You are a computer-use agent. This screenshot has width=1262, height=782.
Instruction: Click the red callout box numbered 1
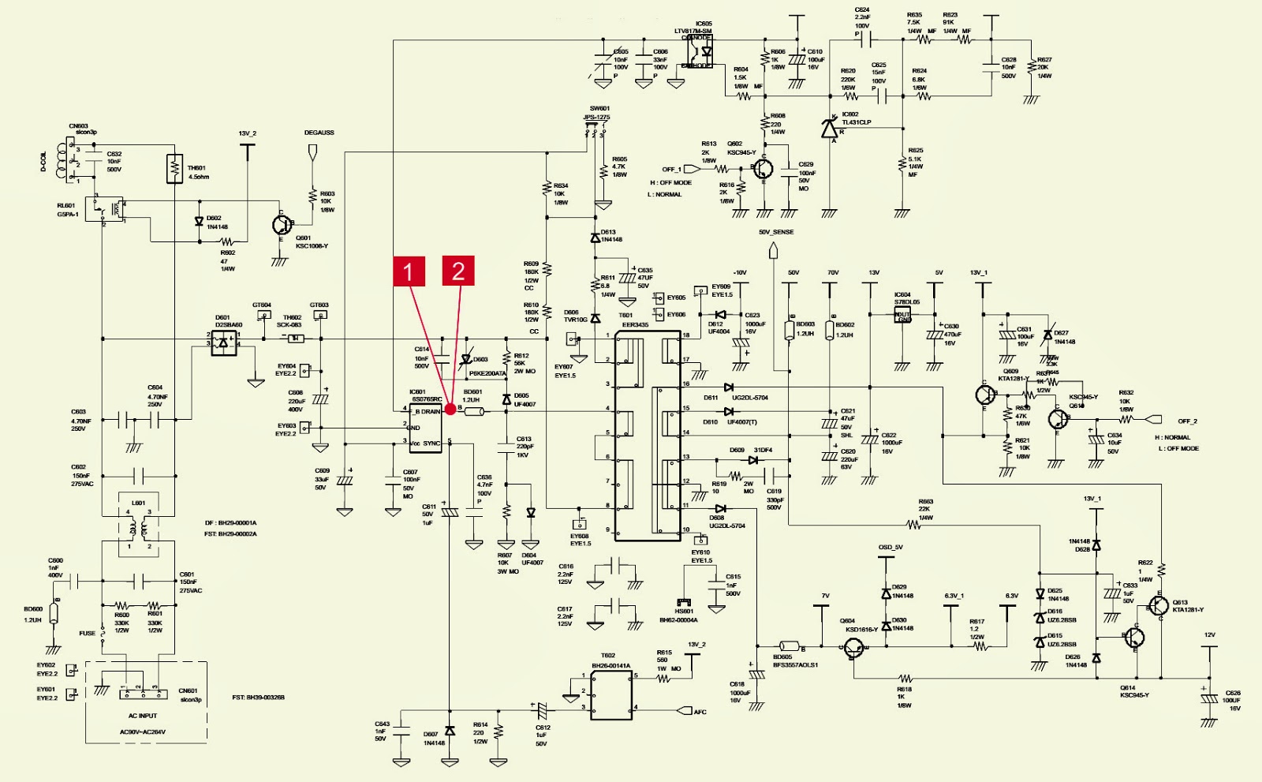[409, 271]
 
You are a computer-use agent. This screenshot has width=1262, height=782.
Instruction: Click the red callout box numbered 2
[458, 271]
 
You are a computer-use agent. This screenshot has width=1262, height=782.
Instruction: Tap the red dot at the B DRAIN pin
[450, 409]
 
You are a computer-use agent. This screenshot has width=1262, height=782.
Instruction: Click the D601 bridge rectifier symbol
[224, 342]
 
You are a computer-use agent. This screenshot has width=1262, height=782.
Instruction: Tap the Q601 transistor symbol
[282, 225]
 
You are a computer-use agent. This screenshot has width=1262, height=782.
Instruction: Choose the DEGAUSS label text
[319, 133]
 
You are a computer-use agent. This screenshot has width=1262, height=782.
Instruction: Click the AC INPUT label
[143, 716]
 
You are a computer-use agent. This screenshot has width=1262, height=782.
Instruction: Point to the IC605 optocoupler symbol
[697, 52]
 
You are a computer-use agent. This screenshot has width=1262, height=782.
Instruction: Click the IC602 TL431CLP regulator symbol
[830, 128]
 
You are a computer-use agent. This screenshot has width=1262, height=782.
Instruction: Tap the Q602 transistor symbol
[763, 168]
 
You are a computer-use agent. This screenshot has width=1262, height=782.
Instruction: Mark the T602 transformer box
[611, 696]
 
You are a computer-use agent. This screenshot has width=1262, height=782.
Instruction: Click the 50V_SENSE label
[775, 232]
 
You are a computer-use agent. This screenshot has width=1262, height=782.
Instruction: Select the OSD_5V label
[890, 547]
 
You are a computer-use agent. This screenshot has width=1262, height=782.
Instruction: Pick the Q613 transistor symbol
[1158, 606]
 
